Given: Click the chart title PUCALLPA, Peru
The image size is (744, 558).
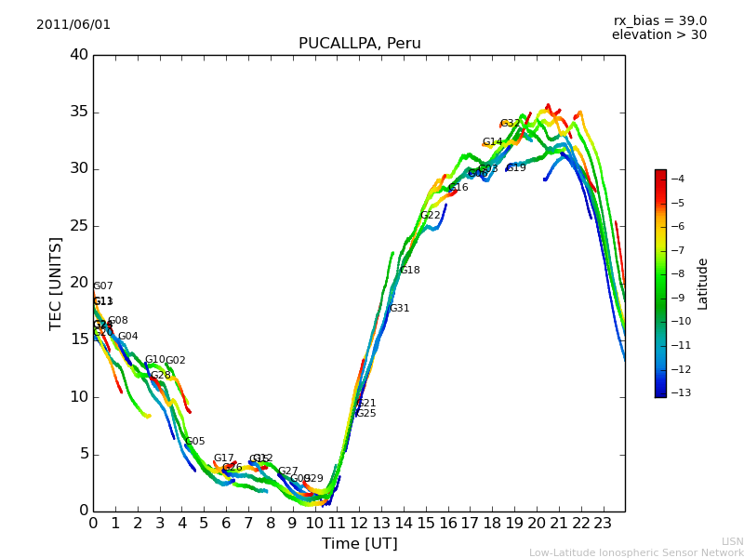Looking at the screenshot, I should tap(359, 44).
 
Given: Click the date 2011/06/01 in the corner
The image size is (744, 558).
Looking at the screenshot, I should tap(73, 25).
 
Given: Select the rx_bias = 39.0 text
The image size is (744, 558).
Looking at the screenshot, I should tap(659, 21).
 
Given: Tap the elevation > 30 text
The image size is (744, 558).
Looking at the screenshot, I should tap(658, 35).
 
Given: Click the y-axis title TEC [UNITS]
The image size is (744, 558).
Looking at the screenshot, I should tap(56, 283).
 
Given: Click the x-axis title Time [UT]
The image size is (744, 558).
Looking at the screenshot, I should tap(359, 543).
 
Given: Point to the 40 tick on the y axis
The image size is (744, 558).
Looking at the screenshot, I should tap(79, 55).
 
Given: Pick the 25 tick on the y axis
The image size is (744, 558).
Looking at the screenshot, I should tap(79, 226).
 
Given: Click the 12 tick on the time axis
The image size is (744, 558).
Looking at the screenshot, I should tap(359, 523).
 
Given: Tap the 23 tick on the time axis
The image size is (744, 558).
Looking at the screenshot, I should tap(603, 523).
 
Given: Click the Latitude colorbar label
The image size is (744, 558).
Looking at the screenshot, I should tap(703, 284).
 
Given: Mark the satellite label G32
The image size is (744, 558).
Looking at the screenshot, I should tap(510, 124).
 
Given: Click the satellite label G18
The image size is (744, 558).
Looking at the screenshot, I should tap(410, 271).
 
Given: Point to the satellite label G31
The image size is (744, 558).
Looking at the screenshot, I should tap(399, 309).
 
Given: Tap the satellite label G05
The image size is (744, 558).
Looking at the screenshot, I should tap(195, 442).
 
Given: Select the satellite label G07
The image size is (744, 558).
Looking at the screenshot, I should tap(103, 286).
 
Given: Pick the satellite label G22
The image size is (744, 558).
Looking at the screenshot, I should tap(431, 216).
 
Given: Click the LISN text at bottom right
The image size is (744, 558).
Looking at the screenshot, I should tap(733, 541).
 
